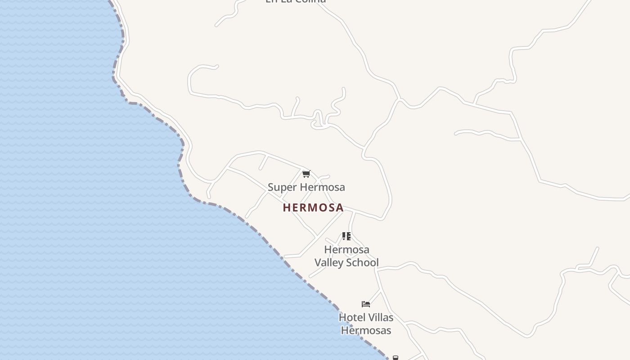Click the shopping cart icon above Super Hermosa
point(306,174)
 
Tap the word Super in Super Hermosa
point(279,187)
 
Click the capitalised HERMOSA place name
point(313,207)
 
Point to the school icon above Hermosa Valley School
point(346,236)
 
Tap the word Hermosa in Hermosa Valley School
point(346,249)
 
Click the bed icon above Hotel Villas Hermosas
point(365,304)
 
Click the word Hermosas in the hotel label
point(366,330)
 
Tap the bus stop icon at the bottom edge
point(395,358)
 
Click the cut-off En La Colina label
point(296,1)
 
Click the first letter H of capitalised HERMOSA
point(286,207)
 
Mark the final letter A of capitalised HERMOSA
point(340,207)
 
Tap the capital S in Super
point(270,187)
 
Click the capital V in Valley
point(317,262)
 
